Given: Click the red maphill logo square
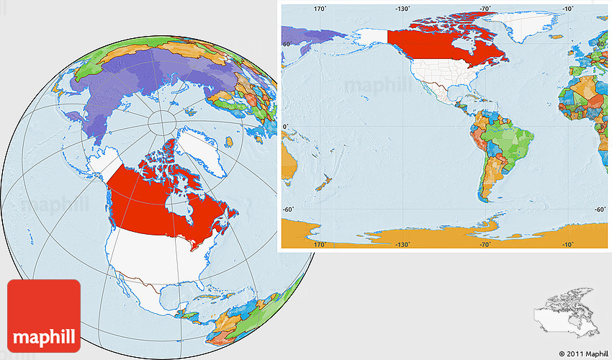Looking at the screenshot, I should [44, 315].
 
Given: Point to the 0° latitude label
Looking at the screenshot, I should [285, 127].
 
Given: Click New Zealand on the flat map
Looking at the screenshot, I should [323, 183].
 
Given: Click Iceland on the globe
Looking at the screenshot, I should [228, 141].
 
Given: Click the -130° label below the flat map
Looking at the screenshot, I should [402, 245].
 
